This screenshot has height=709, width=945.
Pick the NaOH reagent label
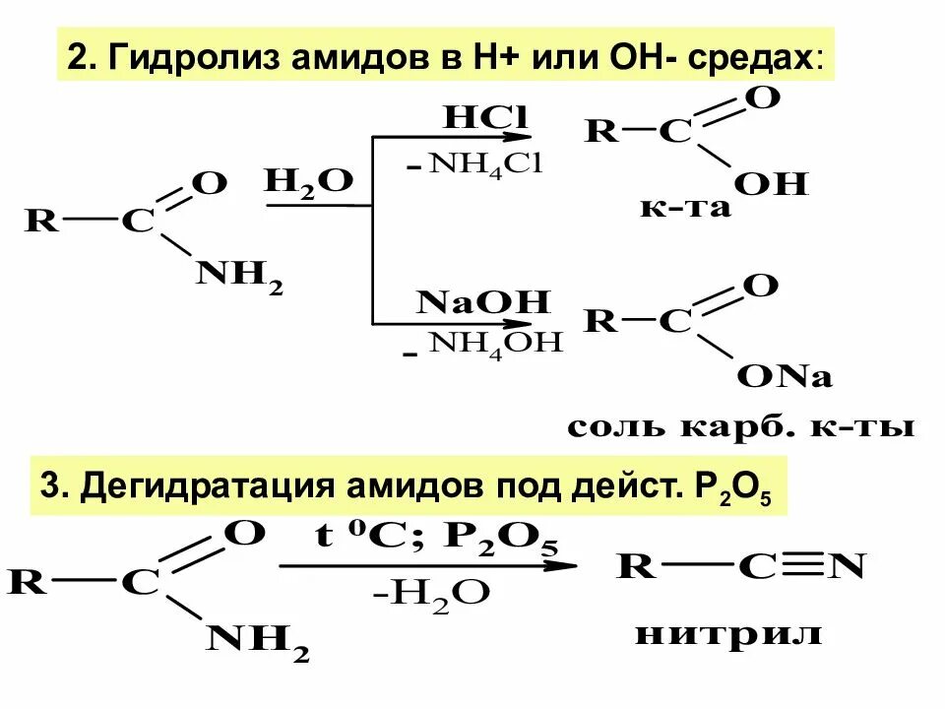(482, 301)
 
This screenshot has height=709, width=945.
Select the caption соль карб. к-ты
(741, 427)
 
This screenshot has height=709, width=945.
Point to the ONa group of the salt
(786, 377)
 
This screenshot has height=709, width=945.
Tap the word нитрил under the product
(728, 633)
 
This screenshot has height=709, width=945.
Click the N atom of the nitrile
(847, 566)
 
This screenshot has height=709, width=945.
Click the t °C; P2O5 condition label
(433, 539)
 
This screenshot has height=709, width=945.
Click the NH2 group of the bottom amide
(258, 642)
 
